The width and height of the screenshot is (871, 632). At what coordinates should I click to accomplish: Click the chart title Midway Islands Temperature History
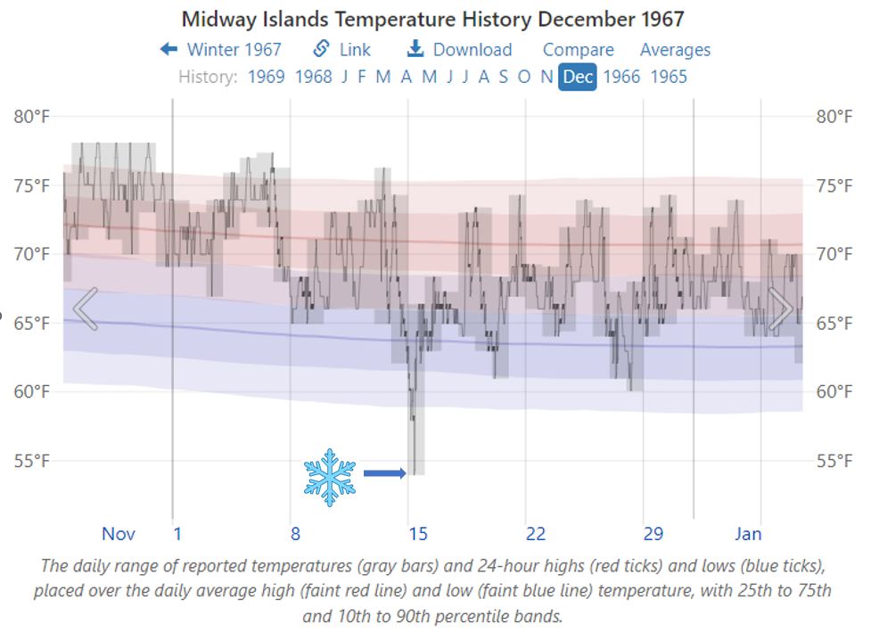(432, 19)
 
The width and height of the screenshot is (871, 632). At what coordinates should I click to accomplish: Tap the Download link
(459, 50)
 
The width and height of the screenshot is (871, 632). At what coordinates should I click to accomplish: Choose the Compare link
(578, 50)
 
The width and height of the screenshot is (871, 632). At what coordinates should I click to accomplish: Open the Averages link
(675, 50)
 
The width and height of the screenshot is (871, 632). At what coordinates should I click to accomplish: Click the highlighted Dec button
(578, 77)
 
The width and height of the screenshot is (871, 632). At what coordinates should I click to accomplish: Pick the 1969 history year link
(266, 77)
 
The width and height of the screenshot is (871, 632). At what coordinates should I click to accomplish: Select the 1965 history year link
(669, 77)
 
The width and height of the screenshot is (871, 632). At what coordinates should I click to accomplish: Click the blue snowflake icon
(329, 477)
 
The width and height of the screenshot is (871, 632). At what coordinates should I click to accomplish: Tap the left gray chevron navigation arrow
(85, 309)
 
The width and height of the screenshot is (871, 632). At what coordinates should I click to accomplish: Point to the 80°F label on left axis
(32, 117)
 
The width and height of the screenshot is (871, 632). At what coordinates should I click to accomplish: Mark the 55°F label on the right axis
(834, 461)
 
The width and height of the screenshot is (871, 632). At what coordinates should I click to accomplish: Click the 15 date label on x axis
(418, 534)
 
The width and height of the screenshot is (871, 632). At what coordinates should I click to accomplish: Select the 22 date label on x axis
(535, 534)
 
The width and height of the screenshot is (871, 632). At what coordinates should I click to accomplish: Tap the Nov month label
(119, 534)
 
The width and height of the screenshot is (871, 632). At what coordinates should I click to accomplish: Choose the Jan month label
(748, 534)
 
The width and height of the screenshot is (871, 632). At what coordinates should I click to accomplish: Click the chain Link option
(342, 50)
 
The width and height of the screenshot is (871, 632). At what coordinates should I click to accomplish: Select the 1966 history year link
(621, 77)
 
